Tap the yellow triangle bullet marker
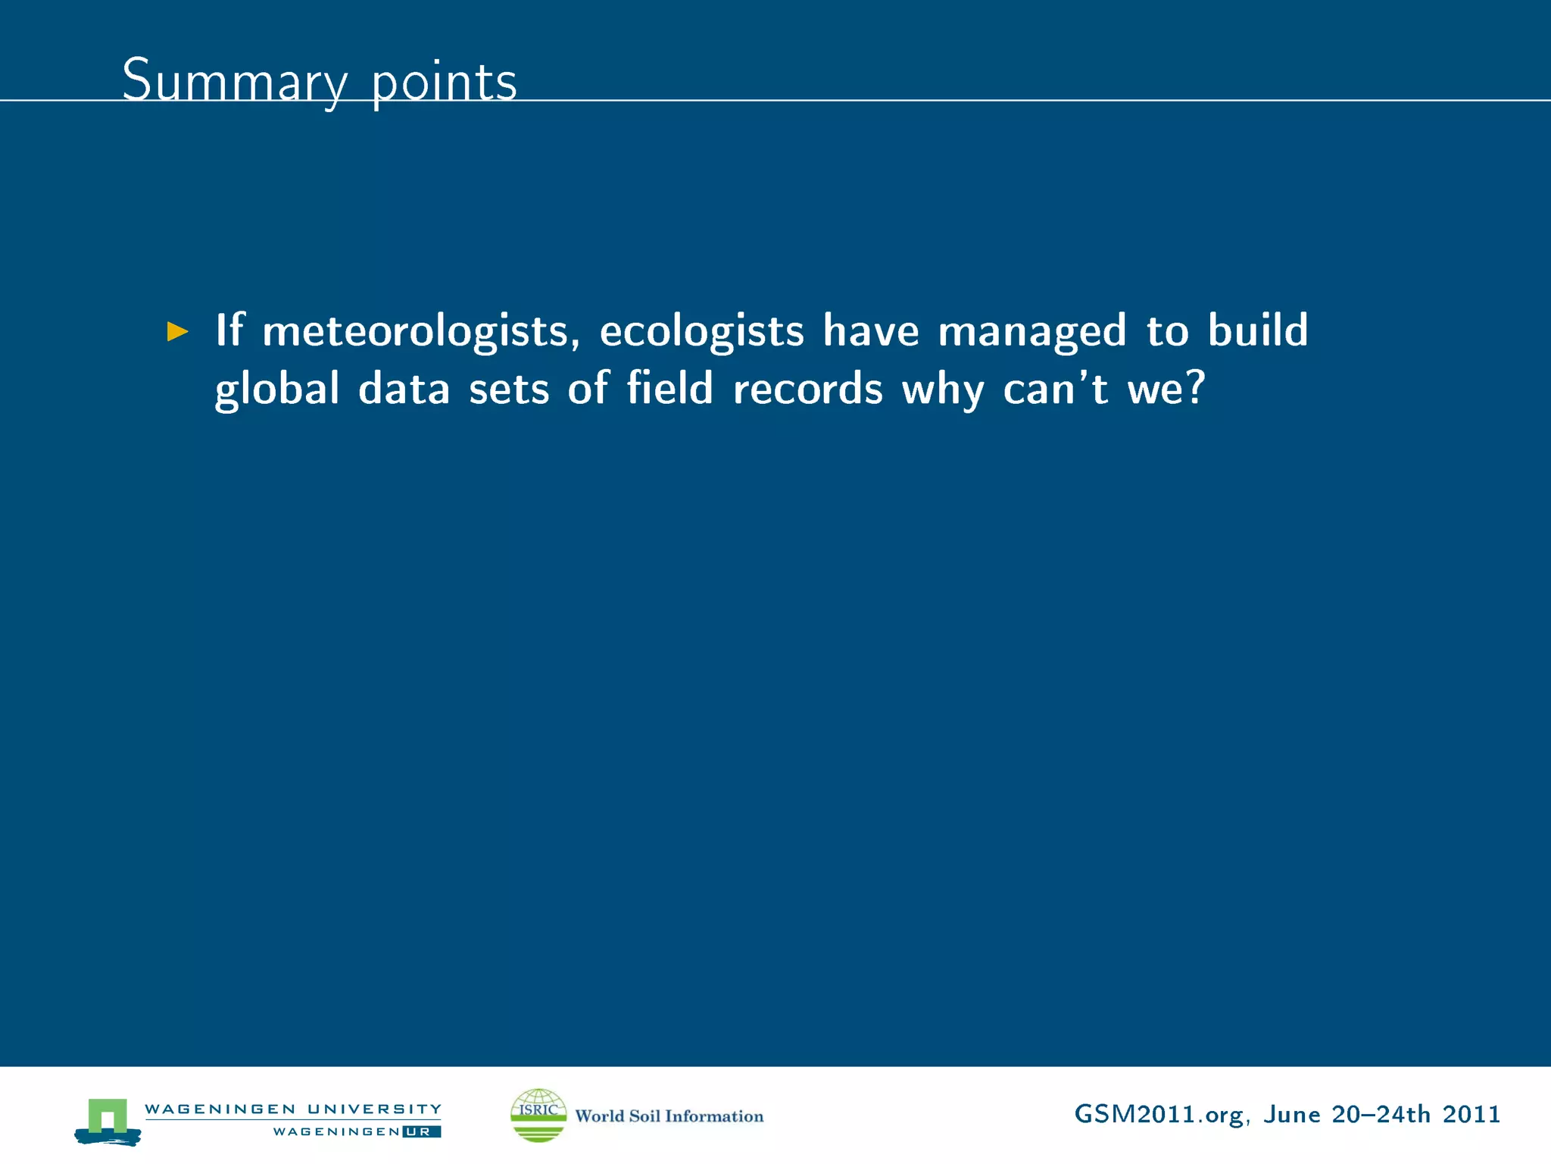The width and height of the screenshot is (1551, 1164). pos(177,331)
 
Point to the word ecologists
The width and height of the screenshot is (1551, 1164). pos(701,331)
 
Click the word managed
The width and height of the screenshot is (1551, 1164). pos(1031,331)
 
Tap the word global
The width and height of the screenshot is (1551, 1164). pos(277,389)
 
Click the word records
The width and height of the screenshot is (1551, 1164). pos(807,389)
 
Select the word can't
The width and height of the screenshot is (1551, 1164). pos(1055,389)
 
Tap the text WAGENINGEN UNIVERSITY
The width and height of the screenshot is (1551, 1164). pos(293,1109)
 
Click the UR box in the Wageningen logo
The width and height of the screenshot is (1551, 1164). pos(421,1131)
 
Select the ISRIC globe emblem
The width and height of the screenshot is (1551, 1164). pos(538,1115)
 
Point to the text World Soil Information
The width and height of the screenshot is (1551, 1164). pos(669,1115)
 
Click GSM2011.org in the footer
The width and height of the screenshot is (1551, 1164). pos(1159,1115)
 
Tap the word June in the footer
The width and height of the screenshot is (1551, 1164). pos(1291,1114)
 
